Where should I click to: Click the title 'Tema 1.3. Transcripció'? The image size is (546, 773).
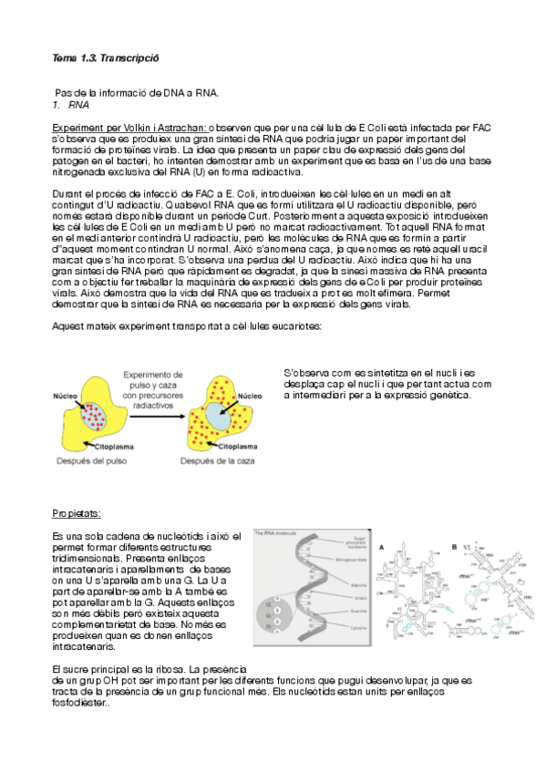click(106, 57)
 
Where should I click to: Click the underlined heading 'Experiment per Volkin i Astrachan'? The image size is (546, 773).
click(129, 128)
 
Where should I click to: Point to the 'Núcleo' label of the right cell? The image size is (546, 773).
click(250, 397)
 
